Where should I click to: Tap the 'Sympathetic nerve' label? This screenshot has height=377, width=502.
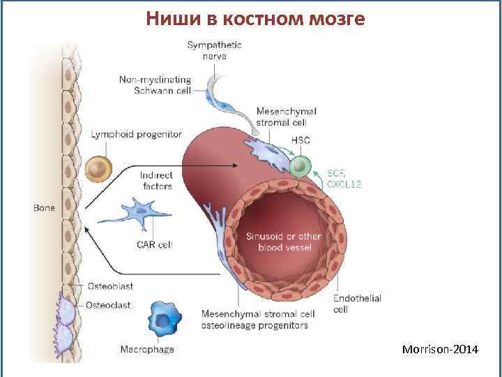pyautogui.click(x=214, y=50)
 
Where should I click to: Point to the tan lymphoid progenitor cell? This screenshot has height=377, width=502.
pyautogui.click(x=99, y=170)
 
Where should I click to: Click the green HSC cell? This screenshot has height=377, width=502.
pyautogui.click(x=301, y=166)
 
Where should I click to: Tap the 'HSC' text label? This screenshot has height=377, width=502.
pyautogui.click(x=301, y=140)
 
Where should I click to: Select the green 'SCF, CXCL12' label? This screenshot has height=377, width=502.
pyautogui.click(x=344, y=178)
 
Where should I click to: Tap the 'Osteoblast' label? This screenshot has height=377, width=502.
pyautogui.click(x=110, y=286)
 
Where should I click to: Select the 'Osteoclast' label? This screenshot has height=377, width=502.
pyautogui.click(x=110, y=305)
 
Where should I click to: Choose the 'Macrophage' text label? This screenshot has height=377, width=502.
pyautogui.click(x=147, y=349)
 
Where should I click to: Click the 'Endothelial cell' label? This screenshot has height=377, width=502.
pyautogui.click(x=357, y=304)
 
